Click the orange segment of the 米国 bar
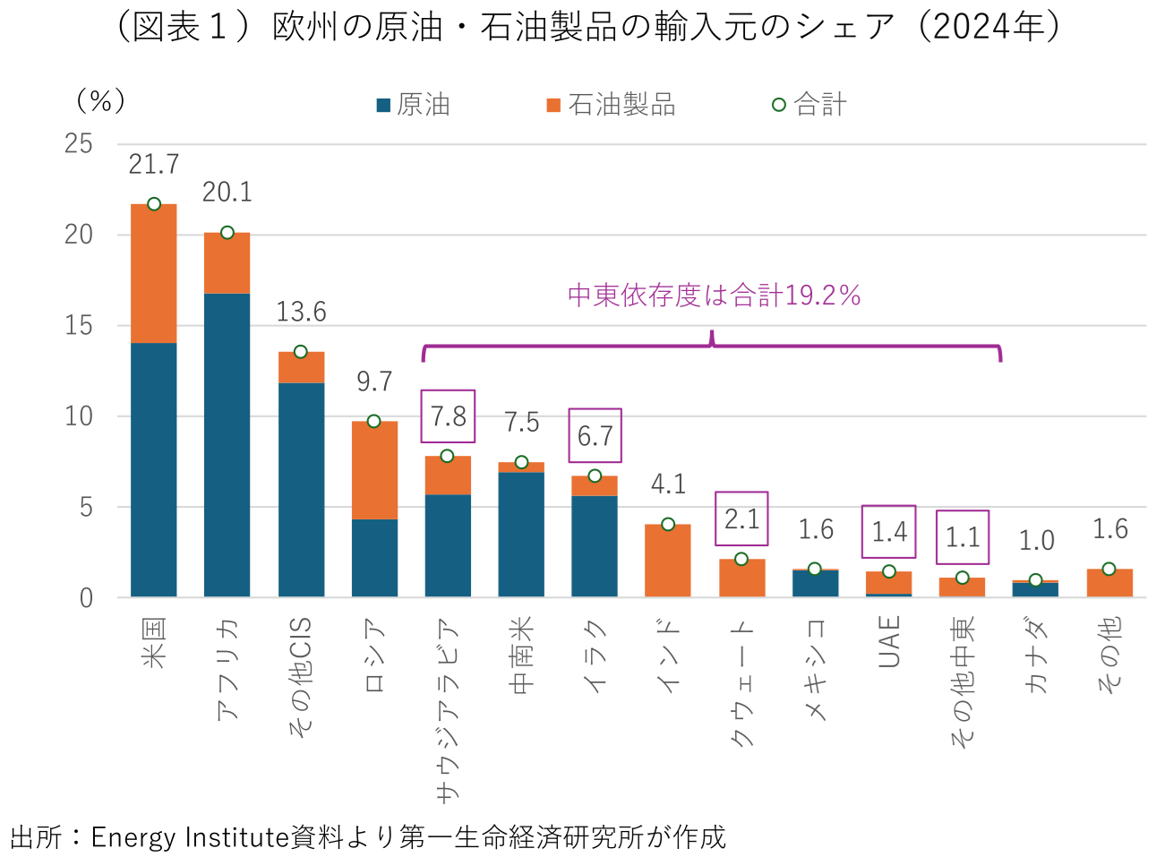click(153, 273)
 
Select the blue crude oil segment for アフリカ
click(227, 445)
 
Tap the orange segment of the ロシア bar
click(374, 470)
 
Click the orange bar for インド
click(668, 561)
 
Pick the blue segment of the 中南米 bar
click(521, 535)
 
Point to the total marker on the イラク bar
click(595, 476)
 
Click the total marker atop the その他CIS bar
click(301, 352)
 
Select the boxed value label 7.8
click(448, 416)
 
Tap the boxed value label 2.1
click(741, 518)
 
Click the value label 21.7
click(153, 165)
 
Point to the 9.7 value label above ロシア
click(374, 381)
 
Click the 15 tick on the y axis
click(79, 325)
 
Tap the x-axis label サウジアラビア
click(447, 707)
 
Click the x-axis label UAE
click(888, 641)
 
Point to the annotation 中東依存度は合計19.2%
click(714, 296)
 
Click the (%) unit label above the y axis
click(100, 100)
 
